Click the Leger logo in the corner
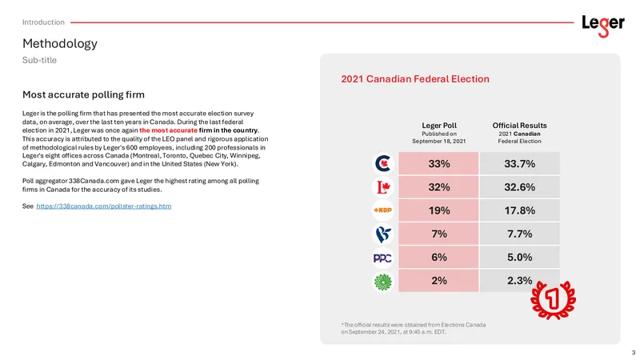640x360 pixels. pos(603,26)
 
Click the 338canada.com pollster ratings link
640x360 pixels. pos(104,206)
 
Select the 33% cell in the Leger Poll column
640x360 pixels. pos(438,164)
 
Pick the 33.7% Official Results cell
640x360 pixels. pos(519,164)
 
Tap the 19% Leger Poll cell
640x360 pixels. pos(438,210)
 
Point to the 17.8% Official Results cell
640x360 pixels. pos(519,210)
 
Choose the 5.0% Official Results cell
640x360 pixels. pos(519,257)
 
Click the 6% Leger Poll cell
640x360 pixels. pos(438,257)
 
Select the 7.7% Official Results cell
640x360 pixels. pos(519,234)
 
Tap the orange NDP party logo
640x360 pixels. pos(383,210)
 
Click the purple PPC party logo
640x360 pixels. pos(383,258)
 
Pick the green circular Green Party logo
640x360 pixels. pos(383,282)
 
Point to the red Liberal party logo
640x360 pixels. pos(383,187)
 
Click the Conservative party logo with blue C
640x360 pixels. pos(383,164)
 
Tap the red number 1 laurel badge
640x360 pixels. pos(553,299)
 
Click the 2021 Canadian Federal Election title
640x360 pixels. pos(415,78)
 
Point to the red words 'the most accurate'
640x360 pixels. pos(168,130)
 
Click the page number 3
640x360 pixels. pos(634,352)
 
